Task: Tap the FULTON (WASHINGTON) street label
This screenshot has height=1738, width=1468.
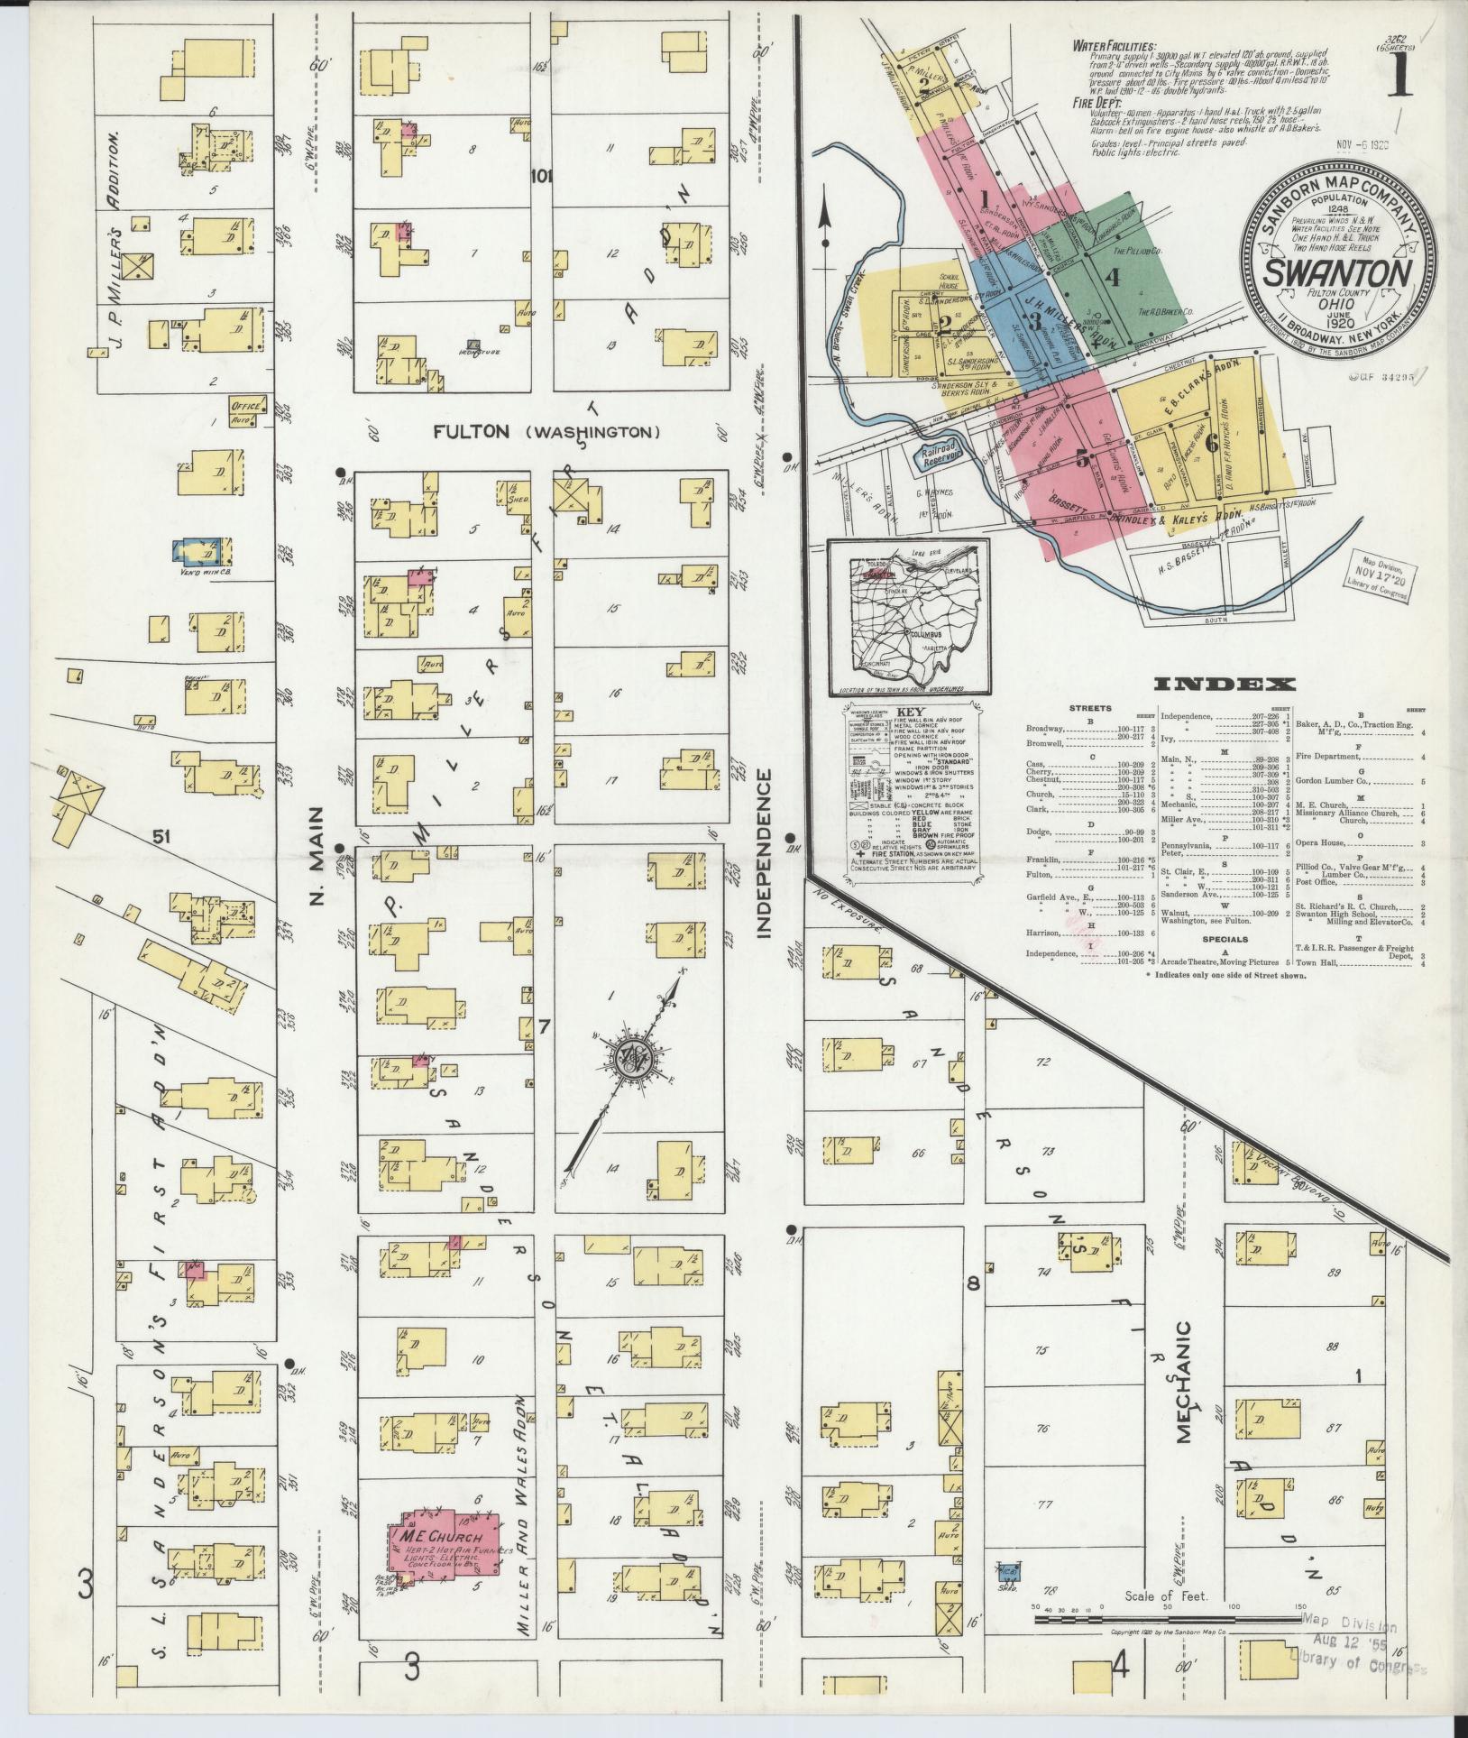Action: pos(546,433)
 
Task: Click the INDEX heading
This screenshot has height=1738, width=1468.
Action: pos(1225,685)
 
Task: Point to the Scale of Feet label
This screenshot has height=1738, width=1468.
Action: pos(1166,1596)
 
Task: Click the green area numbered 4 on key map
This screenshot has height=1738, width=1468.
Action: pos(1114,278)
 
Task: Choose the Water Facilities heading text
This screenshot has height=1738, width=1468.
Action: pos(1115,45)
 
